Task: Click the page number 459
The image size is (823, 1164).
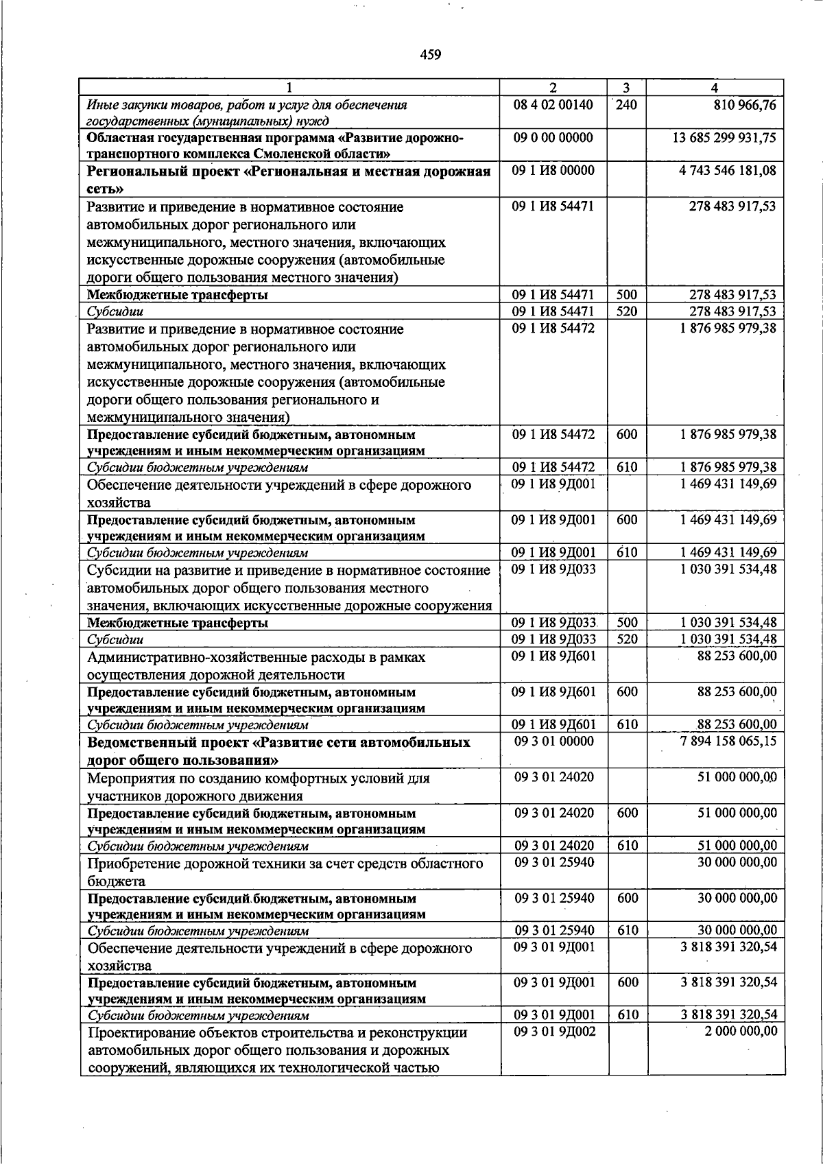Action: pyautogui.click(x=431, y=55)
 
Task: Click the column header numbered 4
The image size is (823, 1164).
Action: pyautogui.click(x=715, y=88)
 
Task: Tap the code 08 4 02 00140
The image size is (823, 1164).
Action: pyautogui.click(x=553, y=105)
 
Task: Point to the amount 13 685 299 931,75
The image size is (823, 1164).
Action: pyautogui.click(x=724, y=137)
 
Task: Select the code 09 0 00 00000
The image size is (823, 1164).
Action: pyautogui.click(x=553, y=137)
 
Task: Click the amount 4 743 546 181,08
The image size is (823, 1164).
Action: pyautogui.click(x=728, y=170)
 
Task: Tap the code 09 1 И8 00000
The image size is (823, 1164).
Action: pyautogui.click(x=553, y=170)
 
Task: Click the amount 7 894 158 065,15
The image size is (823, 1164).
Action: pyautogui.click(x=728, y=741)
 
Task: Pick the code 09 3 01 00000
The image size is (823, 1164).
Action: pyautogui.click(x=553, y=741)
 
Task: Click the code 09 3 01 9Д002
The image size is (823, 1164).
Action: pyautogui.click(x=553, y=1032)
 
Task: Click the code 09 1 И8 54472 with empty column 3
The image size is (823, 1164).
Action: pyautogui.click(x=553, y=328)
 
